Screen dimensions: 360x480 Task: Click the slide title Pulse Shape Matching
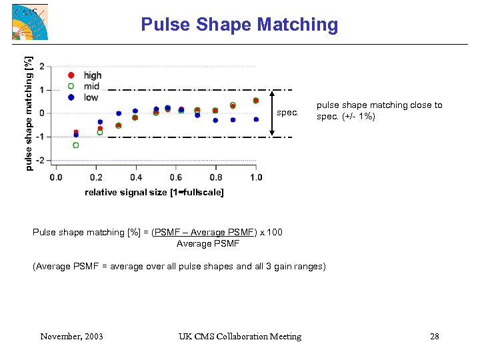(x=239, y=25)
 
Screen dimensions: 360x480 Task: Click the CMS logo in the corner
(x=30, y=22)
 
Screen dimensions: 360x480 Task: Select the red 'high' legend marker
(x=71, y=75)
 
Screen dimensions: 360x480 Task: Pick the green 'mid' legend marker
(x=71, y=86)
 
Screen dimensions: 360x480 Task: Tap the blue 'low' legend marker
(x=71, y=97)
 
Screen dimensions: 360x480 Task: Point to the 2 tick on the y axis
(x=43, y=67)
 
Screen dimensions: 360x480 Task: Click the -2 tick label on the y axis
(x=41, y=161)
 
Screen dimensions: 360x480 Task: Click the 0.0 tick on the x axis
(x=56, y=177)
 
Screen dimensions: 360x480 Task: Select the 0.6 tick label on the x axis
(x=175, y=177)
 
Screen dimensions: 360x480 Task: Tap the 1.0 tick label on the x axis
(x=256, y=177)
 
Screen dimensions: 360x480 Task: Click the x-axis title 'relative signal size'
(x=154, y=193)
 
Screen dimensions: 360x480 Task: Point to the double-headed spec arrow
(x=271, y=113)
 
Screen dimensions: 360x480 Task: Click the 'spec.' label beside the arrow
(x=287, y=113)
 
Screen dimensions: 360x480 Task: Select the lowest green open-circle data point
(x=76, y=145)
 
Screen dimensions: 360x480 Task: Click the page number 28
(x=435, y=337)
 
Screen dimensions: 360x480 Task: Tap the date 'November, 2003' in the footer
(x=71, y=337)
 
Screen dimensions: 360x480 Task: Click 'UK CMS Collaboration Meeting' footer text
(x=240, y=337)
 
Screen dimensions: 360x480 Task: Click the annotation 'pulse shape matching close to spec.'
(x=379, y=111)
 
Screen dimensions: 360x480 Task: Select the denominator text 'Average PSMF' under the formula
(x=208, y=243)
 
